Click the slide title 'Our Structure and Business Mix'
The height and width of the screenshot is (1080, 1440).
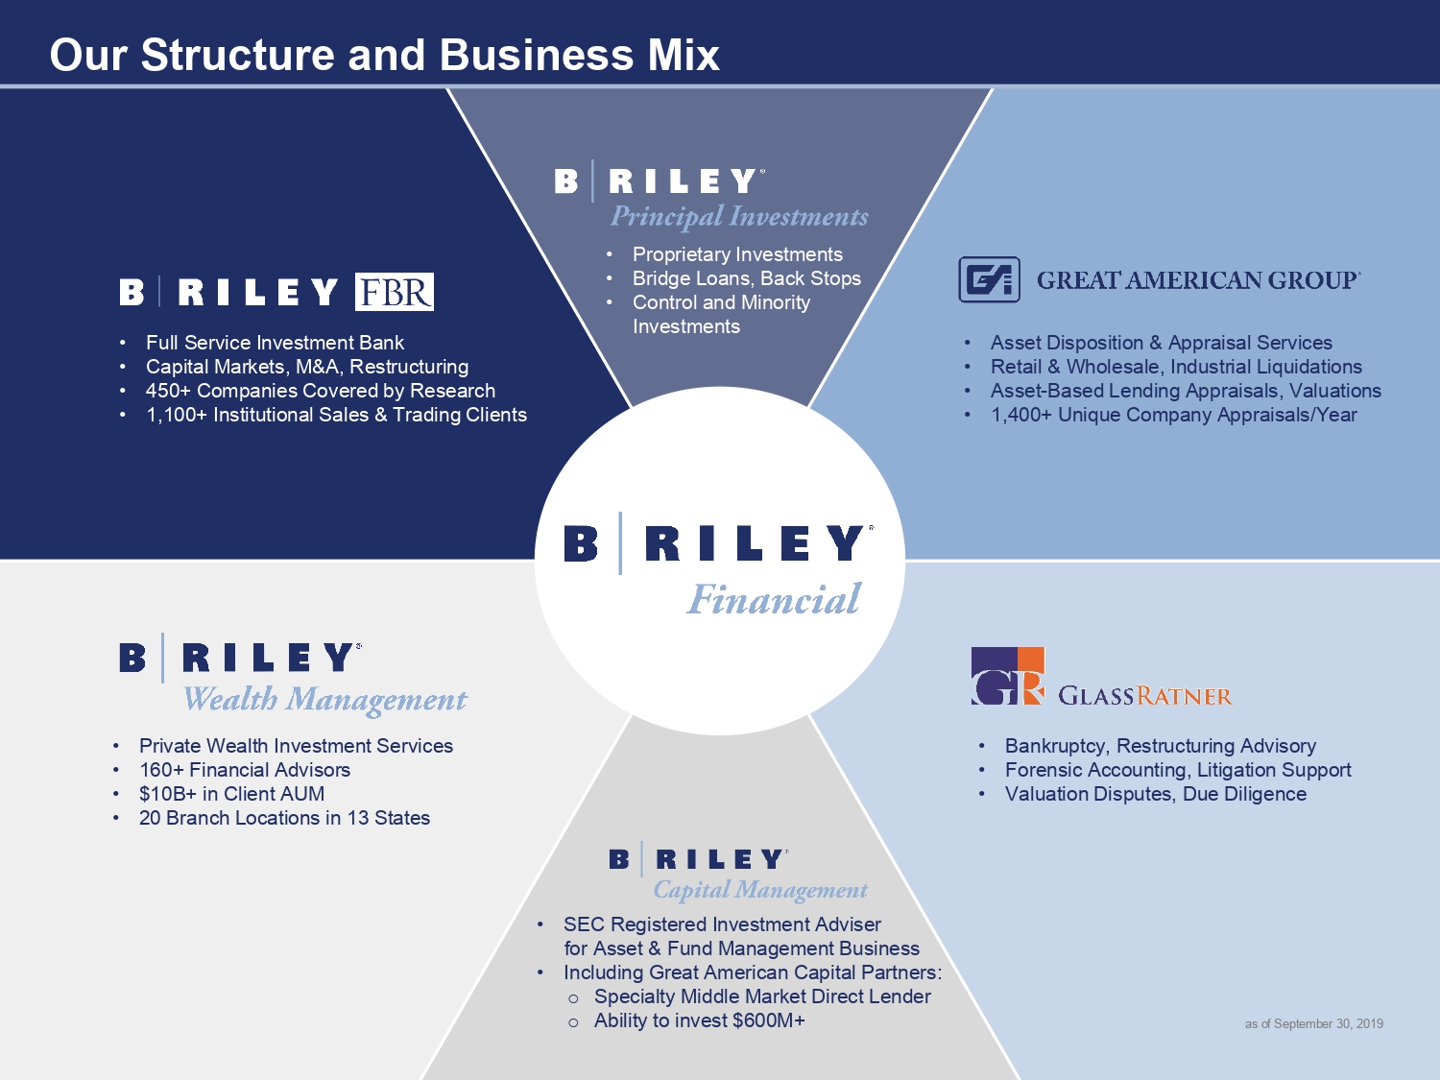coord(384,55)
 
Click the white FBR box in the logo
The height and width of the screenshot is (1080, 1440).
coord(395,292)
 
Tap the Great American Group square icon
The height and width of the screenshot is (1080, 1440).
coord(989,279)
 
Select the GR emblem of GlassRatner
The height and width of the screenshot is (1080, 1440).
coord(1007,676)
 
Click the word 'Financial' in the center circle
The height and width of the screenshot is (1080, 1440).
coord(775,599)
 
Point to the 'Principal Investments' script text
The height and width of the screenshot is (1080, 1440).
coord(739,217)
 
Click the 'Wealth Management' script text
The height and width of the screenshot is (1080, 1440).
coord(324,700)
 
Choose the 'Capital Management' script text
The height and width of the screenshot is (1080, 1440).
coord(760,890)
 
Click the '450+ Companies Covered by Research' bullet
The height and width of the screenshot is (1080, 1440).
coord(320,391)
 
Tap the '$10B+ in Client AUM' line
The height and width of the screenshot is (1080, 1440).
coord(231,794)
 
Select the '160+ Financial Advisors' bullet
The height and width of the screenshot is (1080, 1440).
coord(245,770)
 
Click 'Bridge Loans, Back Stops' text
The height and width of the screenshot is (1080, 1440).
coord(746,278)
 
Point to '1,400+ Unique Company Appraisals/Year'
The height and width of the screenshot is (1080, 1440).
coord(1173,415)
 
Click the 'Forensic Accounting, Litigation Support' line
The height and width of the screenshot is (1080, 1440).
coord(1178,770)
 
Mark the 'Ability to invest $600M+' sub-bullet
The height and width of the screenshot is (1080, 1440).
coord(699,1020)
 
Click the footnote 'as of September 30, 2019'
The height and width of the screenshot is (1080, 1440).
coord(1313,1024)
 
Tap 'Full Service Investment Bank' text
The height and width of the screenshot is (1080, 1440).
coord(275,343)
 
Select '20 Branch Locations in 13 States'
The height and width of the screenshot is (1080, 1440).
coord(284,818)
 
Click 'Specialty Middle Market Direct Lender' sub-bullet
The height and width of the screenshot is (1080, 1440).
coord(762,996)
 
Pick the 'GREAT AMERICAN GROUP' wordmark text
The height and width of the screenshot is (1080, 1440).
coord(1198,280)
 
